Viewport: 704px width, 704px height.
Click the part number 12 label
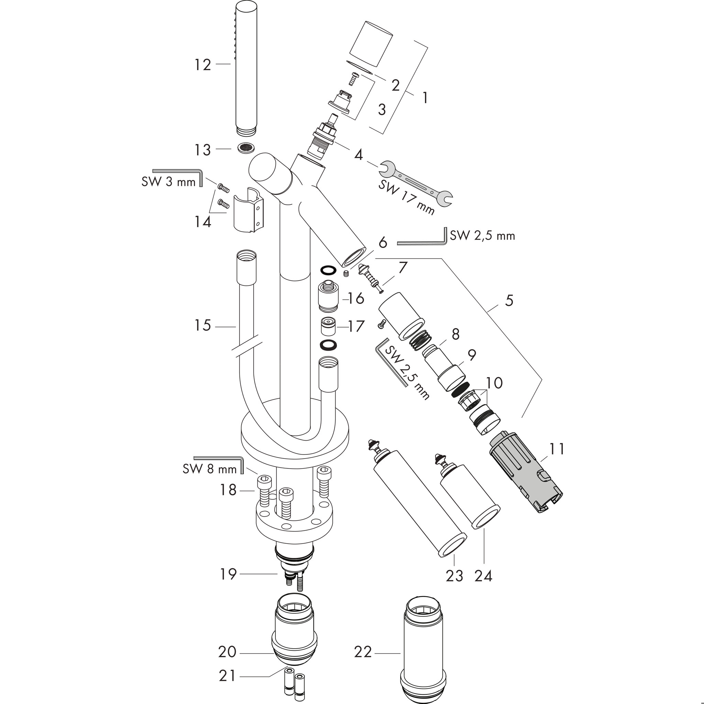(202, 65)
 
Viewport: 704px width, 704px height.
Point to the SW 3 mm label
(169, 181)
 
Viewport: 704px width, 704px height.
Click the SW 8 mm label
(210, 469)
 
